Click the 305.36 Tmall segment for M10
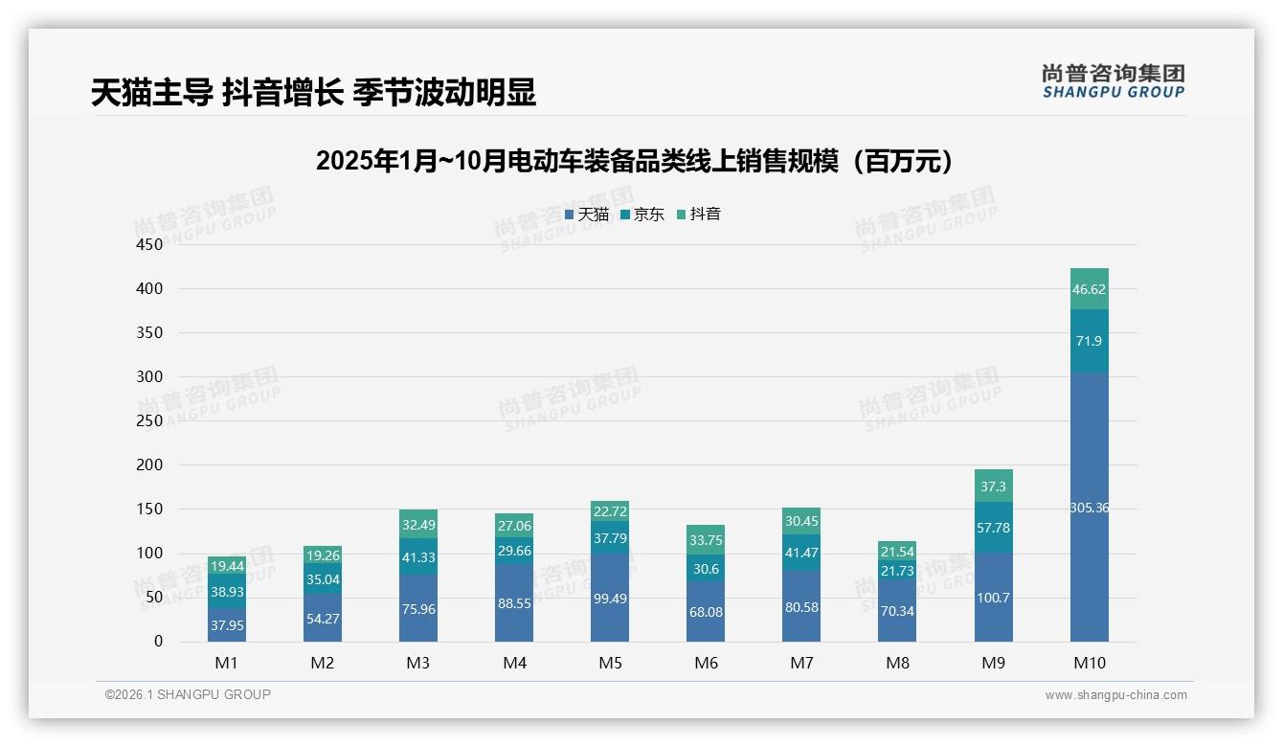(x=1089, y=508)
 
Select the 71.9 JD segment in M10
(x=1089, y=341)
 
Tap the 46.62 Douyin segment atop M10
(x=1089, y=289)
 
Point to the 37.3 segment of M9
(x=993, y=487)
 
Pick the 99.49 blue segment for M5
(x=610, y=599)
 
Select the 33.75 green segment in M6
(x=706, y=540)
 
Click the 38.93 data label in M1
(x=227, y=592)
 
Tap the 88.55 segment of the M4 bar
(x=514, y=604)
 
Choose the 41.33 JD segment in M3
(x=418, y=556)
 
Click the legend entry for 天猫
(x=587, y=215)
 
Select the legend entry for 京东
(x=642, y=215)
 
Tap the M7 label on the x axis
(x=801, y=663)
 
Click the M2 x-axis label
(x=323, y=663)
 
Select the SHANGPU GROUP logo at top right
(x=1113, y=81)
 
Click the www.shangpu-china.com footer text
(x=1115, y=695)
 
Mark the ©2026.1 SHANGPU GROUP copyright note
(x=188, y=695)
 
